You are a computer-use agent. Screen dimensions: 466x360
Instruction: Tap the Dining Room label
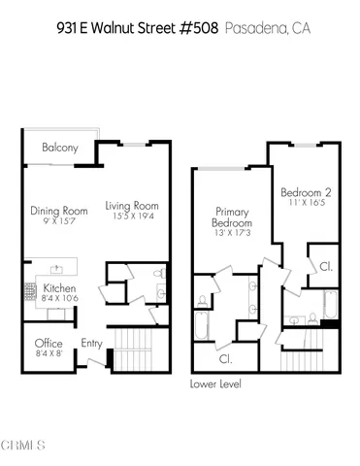pyautogui.click(x=59, y=210)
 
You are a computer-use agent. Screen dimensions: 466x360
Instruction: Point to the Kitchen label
pyautogui.click(x=59, y=288)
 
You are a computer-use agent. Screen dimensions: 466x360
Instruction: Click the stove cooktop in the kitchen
pyautogui.click(x=28, y=288)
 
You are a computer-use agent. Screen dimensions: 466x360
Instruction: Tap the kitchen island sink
pyautogui.click(x=54, y=265)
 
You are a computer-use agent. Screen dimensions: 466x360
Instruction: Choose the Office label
pyautogui.click(x=49, y=344)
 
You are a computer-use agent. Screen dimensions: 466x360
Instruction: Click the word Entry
pyautogui.click(x=92, y=343)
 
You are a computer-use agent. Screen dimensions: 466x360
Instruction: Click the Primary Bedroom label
pyautogui.click(x=233, y=216)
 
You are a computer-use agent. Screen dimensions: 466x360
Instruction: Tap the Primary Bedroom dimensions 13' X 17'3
pyautogui.click(x=233, y=234)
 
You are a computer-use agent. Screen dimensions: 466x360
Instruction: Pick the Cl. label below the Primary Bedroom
pyautogui.click(x=225, y=358)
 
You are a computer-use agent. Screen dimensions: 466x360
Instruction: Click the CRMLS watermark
pyautogui.click(x=23, y=446)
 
